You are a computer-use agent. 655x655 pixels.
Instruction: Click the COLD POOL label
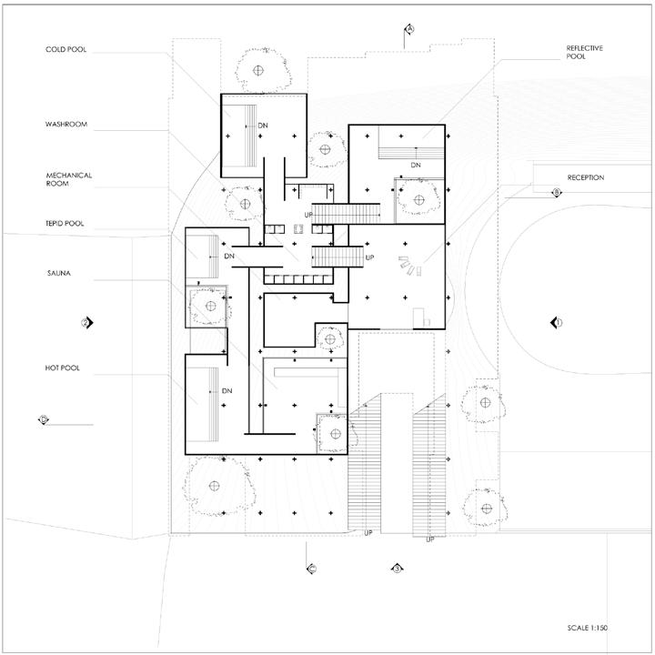(65, 49)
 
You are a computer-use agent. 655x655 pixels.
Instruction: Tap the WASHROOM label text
(66, 124)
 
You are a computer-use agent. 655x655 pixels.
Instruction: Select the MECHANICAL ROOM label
(69, 178)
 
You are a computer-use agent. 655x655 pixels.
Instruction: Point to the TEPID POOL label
(65, 224)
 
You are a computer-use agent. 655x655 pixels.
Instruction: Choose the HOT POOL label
(63, 367)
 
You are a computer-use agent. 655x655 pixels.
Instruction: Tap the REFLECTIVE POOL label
(585, 51)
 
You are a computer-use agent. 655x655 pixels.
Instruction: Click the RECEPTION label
(585, 177)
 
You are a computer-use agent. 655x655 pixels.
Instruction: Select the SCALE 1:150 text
(590, 627)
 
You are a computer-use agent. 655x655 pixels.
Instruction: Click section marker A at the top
(410, 29)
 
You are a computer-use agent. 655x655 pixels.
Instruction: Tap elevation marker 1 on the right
(558, 322)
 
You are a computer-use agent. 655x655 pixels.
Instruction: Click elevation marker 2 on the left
(87, 322)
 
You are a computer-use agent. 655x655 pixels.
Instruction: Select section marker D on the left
(43, 419)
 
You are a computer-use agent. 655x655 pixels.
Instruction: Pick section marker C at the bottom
(310, 569)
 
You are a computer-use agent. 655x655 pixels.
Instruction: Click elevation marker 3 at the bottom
(397, 569)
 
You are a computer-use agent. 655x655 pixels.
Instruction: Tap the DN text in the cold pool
(263, 125)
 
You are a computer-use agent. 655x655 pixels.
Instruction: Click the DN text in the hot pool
(227, 391)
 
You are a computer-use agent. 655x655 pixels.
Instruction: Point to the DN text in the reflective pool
(416, 165)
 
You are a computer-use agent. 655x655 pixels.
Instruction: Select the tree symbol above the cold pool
(260, 69)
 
